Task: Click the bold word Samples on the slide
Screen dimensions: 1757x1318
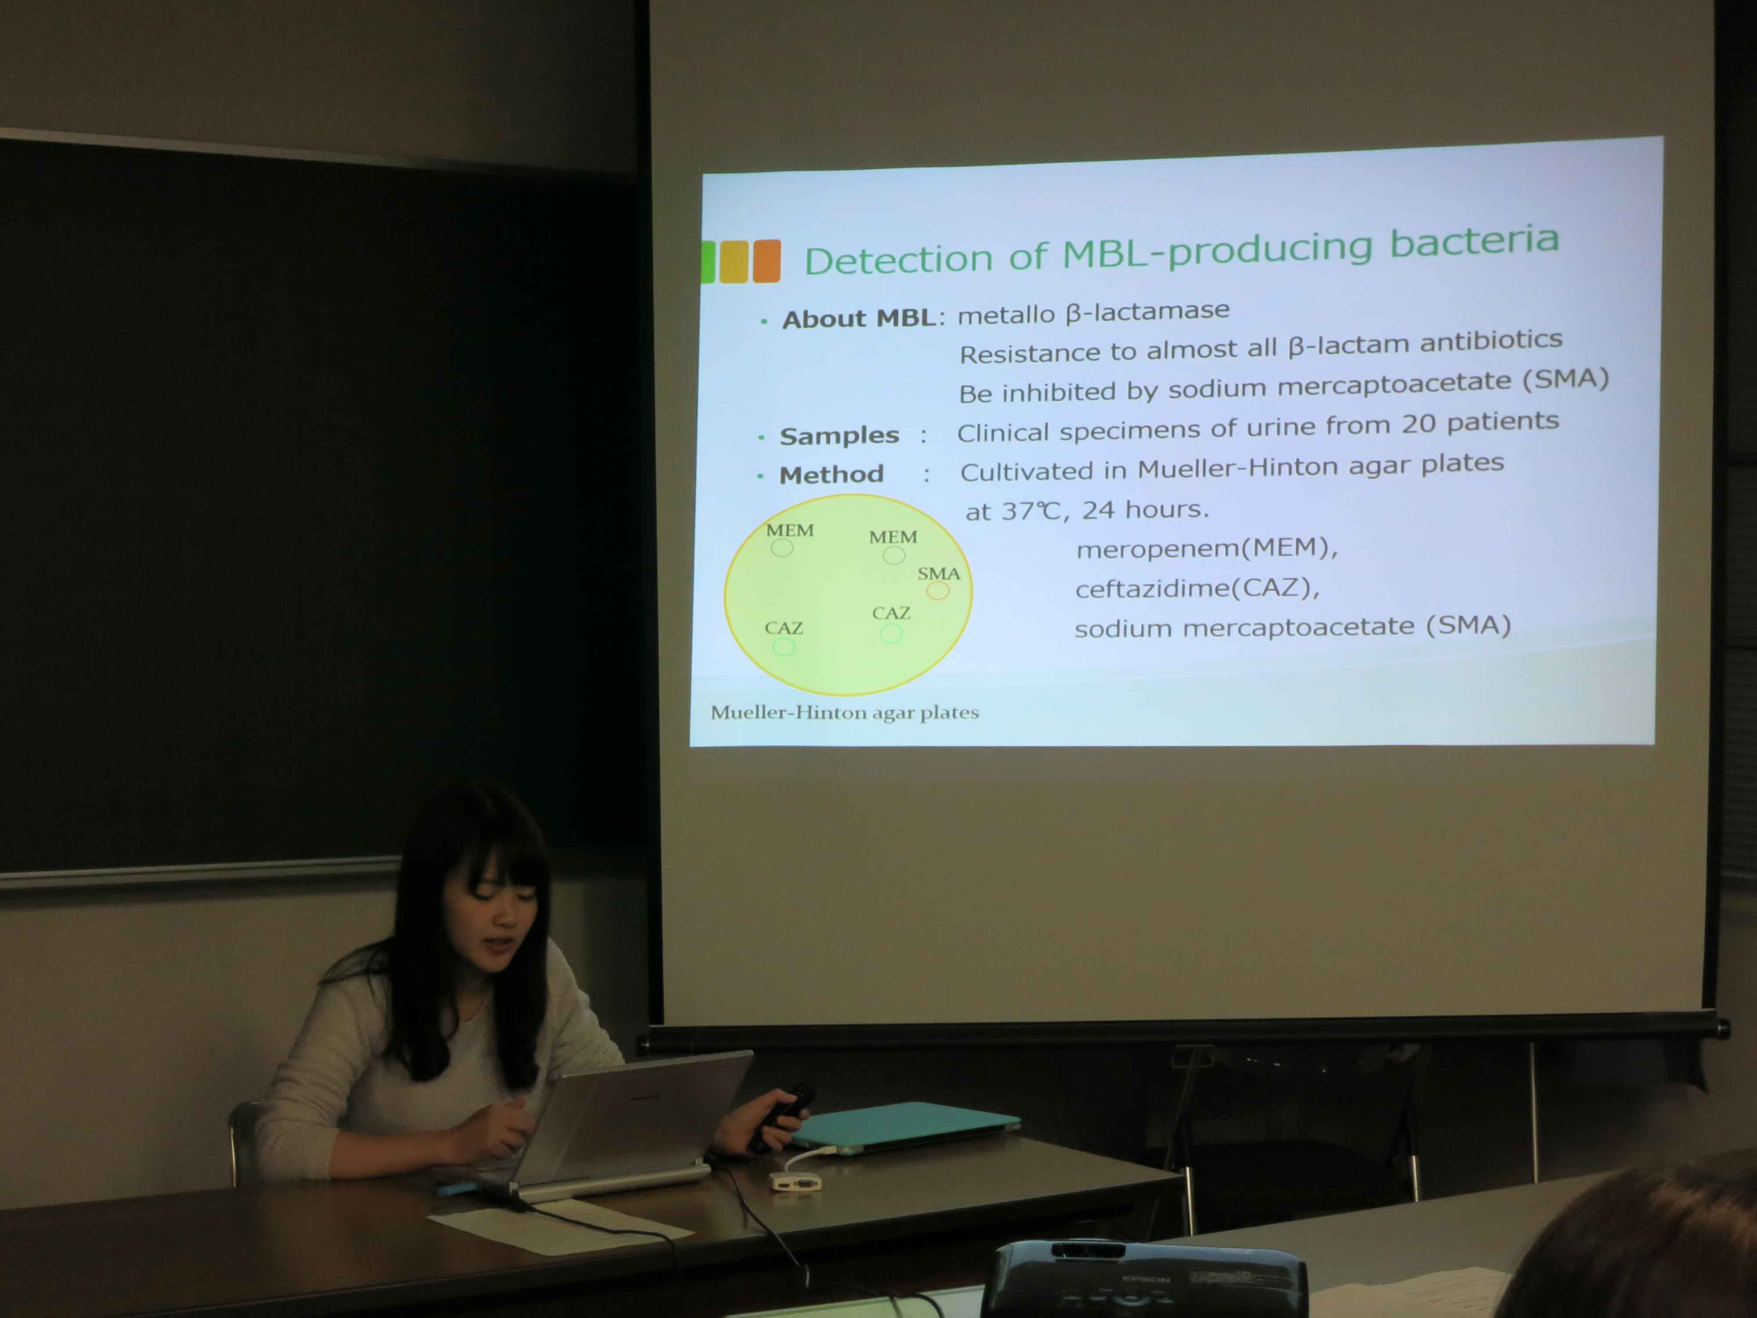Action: (839, 435)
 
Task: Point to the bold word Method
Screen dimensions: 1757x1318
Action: (831, 474)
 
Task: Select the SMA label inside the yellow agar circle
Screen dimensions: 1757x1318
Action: (939, 573)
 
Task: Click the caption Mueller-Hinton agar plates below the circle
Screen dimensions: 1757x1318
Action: (844, 712)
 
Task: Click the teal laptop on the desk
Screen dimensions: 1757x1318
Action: (905, 1124)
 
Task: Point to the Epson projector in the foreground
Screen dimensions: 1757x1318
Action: (1144, 1279)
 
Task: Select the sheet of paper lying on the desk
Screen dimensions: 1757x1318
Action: (560, 1227)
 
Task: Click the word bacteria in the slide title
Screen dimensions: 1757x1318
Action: (1474, 242)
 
